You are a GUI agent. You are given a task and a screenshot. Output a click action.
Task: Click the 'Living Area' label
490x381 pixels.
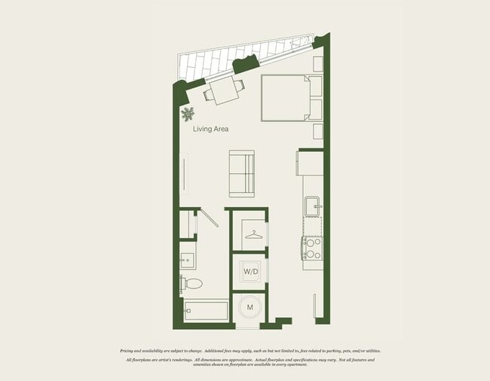(210, 129)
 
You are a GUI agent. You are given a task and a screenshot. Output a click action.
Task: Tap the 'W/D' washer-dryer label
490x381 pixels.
(250, 271)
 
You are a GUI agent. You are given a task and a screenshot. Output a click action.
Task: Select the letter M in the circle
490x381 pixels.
(250, 307)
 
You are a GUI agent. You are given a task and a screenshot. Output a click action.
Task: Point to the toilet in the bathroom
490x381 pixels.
(192, 284)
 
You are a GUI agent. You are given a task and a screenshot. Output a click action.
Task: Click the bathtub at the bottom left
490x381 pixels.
(205, 310)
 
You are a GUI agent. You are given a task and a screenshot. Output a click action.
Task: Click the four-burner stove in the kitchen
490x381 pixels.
(312, 248)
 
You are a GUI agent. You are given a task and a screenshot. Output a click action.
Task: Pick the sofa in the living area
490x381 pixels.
(242, 173)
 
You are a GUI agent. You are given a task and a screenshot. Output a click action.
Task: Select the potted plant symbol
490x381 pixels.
(187, 114)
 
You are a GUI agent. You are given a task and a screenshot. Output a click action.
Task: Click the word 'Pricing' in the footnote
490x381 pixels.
(131, 351)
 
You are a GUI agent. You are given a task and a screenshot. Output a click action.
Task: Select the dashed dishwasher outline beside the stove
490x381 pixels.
(312, 227)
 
